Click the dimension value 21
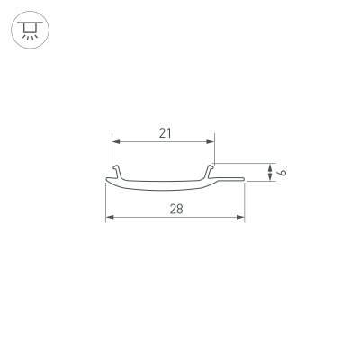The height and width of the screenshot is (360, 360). pos(165,132)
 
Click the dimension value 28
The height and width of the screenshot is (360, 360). pos(176,208)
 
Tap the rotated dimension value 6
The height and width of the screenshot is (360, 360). pos(282,171)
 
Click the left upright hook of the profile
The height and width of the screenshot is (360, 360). pos(117,172)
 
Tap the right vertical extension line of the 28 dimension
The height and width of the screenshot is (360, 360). pos(245,202)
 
